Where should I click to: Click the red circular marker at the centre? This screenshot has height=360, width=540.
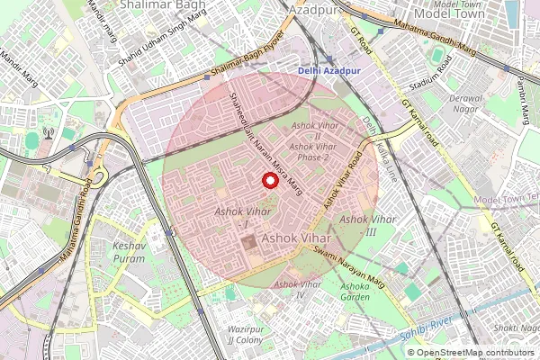(x=269, y=180)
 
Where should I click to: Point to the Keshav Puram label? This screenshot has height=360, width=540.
(x=130, y=252)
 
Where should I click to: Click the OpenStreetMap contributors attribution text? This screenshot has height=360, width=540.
(x=475, y=352)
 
